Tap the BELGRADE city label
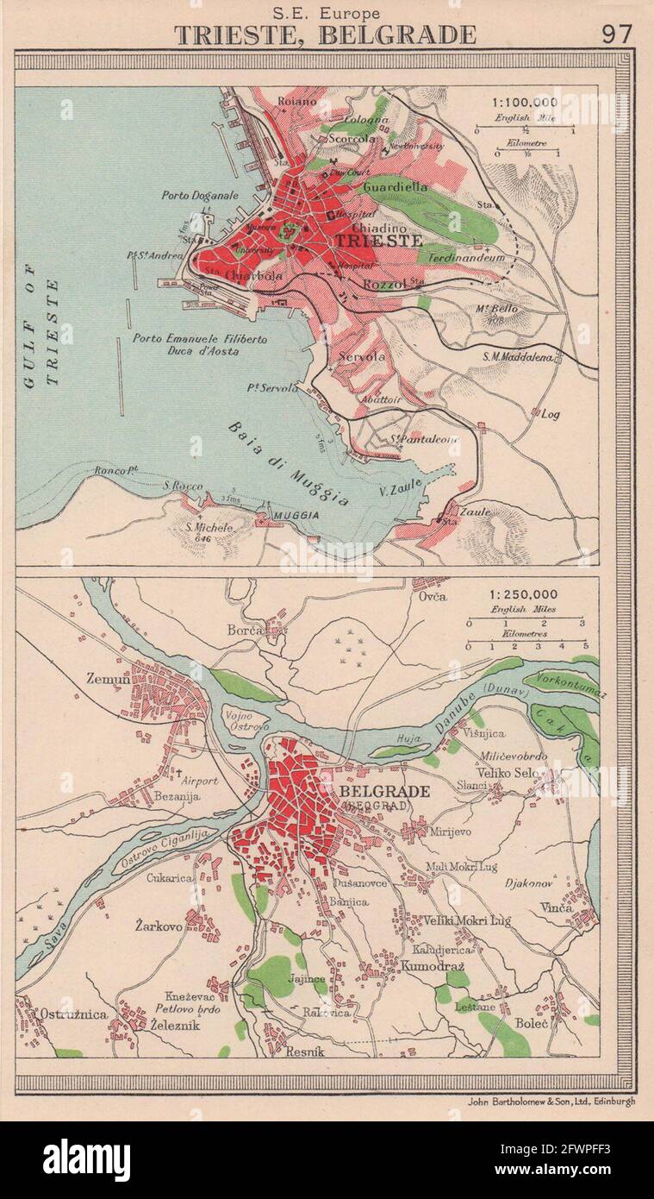coord(386,790)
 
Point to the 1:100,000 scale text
coord(525,101)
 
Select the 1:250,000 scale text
coord(524,594)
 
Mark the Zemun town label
coord(108,679)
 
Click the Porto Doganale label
coord(199,195)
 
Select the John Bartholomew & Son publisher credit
coord(552,1102)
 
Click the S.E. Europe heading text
coord(325,12)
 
